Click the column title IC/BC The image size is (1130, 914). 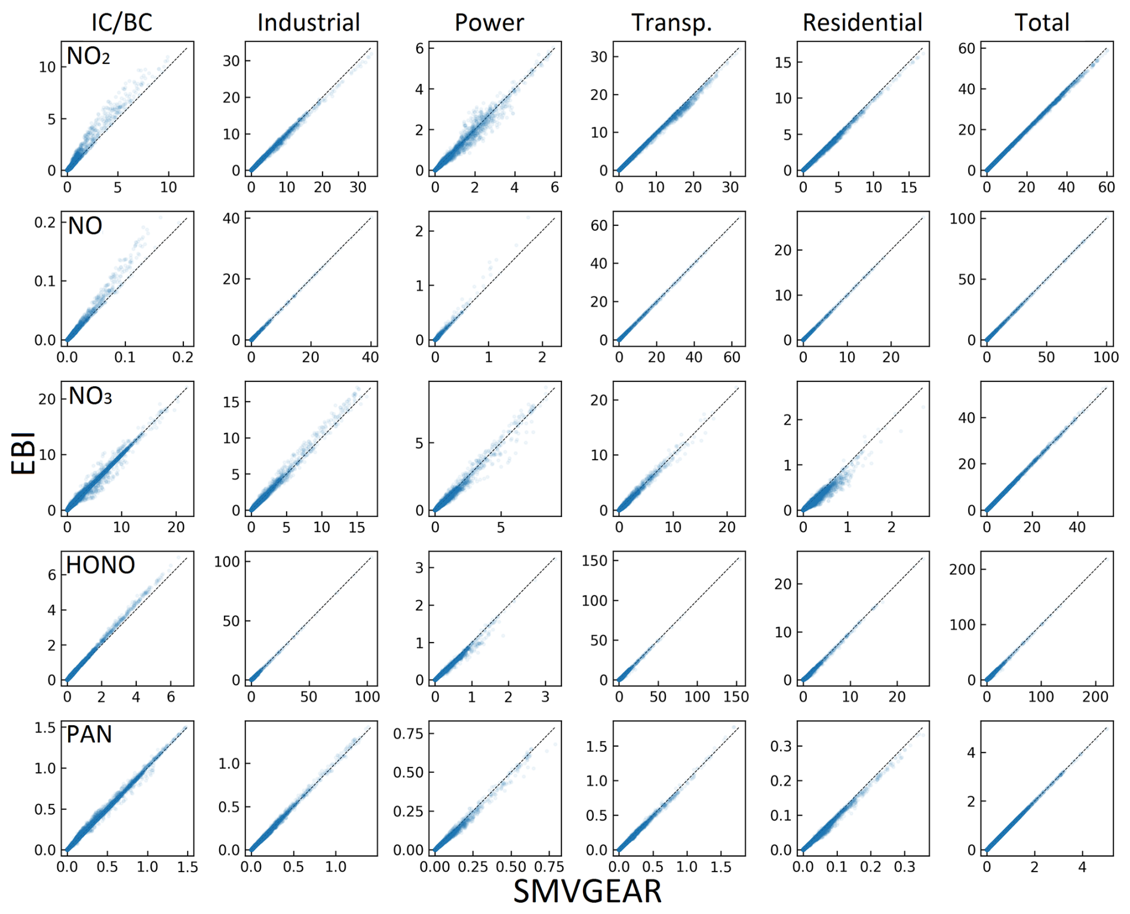pos(122,23)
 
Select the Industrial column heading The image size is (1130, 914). pos(309,23)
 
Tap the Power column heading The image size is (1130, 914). pos(489,23)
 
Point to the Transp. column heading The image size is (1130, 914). pos(672,23)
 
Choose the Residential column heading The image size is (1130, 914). pos(862,23)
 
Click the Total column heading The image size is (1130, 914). pos(1042,23)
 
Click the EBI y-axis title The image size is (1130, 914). pos(24,453)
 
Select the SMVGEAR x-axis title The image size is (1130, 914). pos(588,892)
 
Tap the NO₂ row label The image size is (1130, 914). pos(88,56)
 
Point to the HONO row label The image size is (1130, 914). pos(100,565)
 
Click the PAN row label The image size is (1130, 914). pos(89,734)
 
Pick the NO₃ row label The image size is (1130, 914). pos(90,396)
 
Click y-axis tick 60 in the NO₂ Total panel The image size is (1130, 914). pos(966,48)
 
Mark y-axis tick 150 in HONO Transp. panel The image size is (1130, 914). pos(594,561)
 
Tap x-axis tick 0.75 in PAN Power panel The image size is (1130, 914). pos(549,867)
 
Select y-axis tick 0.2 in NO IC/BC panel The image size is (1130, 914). pos(45,222)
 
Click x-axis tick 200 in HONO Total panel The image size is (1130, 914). pos(1095,696)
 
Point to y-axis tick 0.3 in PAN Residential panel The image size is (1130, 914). pos(781,746)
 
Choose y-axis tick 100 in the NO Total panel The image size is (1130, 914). pos(962,219)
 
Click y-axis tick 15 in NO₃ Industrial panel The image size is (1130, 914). pos(231,402)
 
